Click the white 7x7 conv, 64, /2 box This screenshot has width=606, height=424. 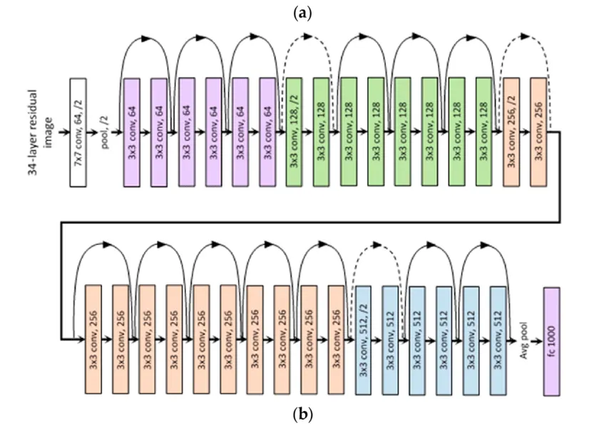point(82,133)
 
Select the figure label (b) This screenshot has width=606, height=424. point(302,413)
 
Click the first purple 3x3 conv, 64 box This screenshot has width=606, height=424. point(132,133)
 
